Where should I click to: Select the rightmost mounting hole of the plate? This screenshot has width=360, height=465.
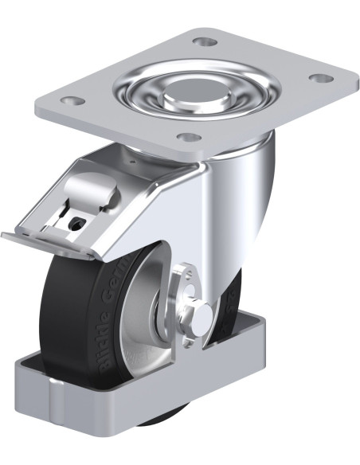(320, 78)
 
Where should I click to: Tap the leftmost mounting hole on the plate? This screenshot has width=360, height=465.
(72, 102)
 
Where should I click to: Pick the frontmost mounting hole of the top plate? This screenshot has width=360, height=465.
(188, 137)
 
